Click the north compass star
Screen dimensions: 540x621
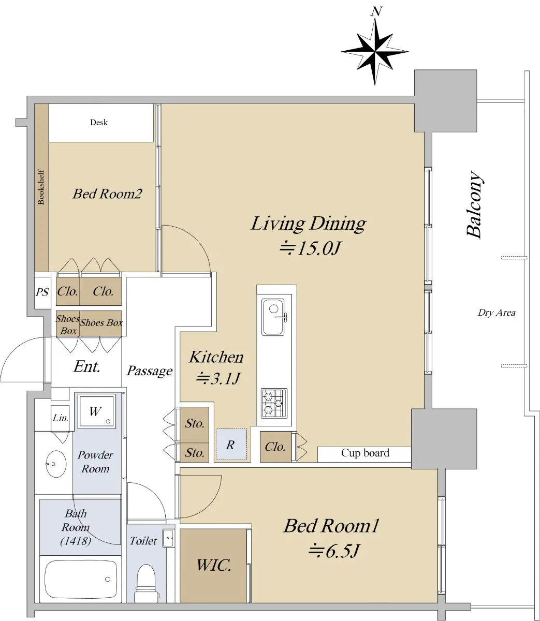pos(375,52)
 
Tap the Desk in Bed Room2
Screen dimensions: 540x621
pos(101,123)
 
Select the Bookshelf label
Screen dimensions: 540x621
pos(41,187)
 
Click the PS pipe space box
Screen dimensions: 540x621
pos(42,292)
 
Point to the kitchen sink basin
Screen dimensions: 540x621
pos(273,317)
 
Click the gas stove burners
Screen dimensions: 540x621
pos(274,403)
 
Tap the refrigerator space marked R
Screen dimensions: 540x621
pos(231,445)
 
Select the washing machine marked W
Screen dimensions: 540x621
pos(96,411)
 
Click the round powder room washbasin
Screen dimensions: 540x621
pos(56,464)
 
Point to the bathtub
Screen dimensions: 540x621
pos(81,579)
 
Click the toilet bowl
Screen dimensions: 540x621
pos(147,584)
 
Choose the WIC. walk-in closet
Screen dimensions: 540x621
pos(213,566)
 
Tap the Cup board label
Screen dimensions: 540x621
pos(365,453)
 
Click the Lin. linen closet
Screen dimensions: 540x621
pos(60,419)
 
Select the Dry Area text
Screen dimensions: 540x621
pos(497,313)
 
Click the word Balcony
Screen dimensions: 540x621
pos(474,205)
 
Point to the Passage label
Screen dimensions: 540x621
pos(150,371)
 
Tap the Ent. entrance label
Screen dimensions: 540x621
pos(87,366)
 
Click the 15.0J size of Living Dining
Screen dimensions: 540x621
pos(310,248)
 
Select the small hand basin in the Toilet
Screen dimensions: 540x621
pos(168,538)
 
